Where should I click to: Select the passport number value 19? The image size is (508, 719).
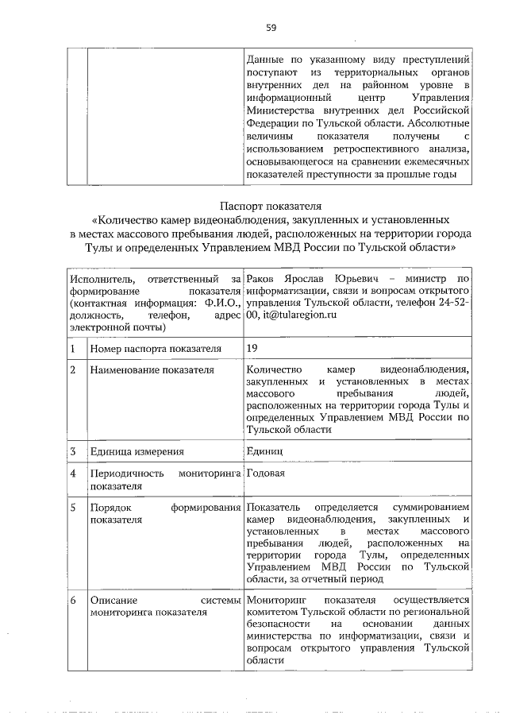coord(252,347)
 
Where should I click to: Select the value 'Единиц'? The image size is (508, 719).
coord(264,451)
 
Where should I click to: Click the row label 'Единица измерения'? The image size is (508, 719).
coord(137,451)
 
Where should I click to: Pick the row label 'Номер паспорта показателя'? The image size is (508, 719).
coord(155,348)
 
